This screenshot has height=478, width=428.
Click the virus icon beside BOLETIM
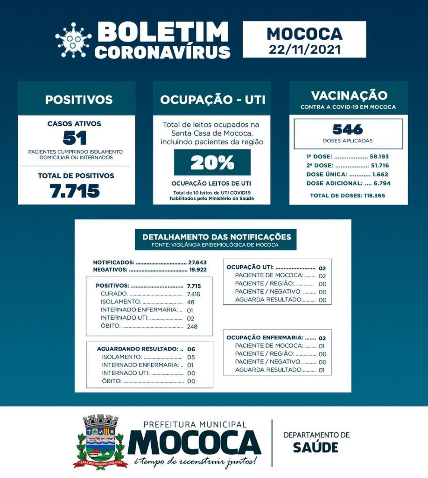pyautogui.click(x=73, y=40)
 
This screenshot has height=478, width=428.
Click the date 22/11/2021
pyautogui.click(x=304, y=49)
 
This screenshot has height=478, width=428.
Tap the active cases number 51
pyautogui.click(x=74, y=139)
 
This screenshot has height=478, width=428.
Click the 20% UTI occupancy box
pyautogui.click(x=212, y=162)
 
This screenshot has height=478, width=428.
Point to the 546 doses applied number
pyautogui.click(x=348, y=129)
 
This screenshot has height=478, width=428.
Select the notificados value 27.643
pyautogui.click(x=197, y=262)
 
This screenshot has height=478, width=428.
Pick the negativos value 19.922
pyautogui.click(x=197, y=269)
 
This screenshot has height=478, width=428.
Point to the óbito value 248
pyautogui.click(x=191, y=326)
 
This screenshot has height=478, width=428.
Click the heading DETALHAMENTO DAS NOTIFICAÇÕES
pyautogui.click(x=213, y=237)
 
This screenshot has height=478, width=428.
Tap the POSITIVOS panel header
pyautogui.click(x=78, y=99)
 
